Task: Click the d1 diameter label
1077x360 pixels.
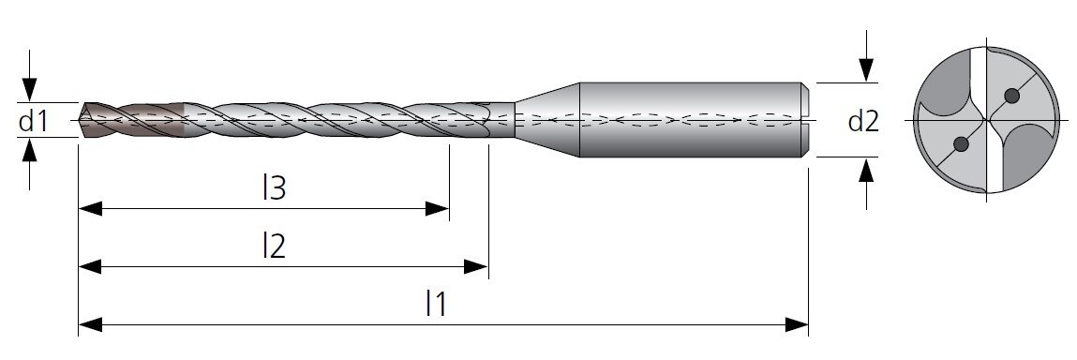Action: [33, 122]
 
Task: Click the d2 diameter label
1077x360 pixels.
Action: [863, 122]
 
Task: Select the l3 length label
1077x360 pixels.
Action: [274, 187]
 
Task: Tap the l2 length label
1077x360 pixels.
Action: [274, 246]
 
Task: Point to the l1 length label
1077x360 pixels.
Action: [436, 303]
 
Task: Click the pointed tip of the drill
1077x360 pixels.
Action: [81, 120]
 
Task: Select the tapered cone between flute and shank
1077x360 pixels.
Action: [547, 120]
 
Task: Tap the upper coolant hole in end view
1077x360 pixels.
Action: [1011, 96]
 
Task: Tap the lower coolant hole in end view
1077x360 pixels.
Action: [962, 144]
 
